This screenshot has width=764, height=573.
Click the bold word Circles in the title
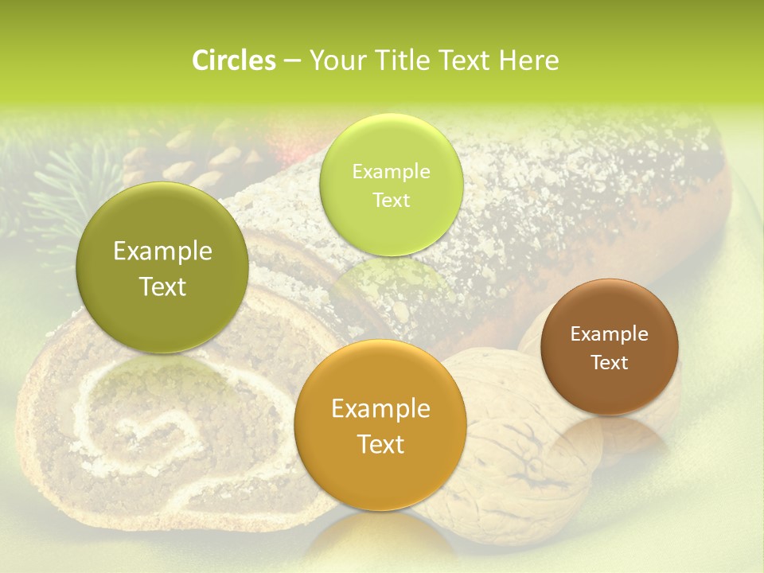[233, 60]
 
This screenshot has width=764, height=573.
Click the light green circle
[391, 185]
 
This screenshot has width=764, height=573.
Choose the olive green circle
[163, 267]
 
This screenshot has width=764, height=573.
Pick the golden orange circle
[380, 426]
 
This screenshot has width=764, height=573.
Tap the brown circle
[610, 347]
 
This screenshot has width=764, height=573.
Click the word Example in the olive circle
[163, 251]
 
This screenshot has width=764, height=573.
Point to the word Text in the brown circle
[610, 363]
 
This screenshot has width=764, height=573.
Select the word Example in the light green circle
[391, 171]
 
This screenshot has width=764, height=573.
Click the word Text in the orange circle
[380, 444]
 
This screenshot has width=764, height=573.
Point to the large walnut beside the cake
[509, 454]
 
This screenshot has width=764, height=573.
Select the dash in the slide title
[291, 60]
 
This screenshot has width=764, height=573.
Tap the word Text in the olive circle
[163, 286]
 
